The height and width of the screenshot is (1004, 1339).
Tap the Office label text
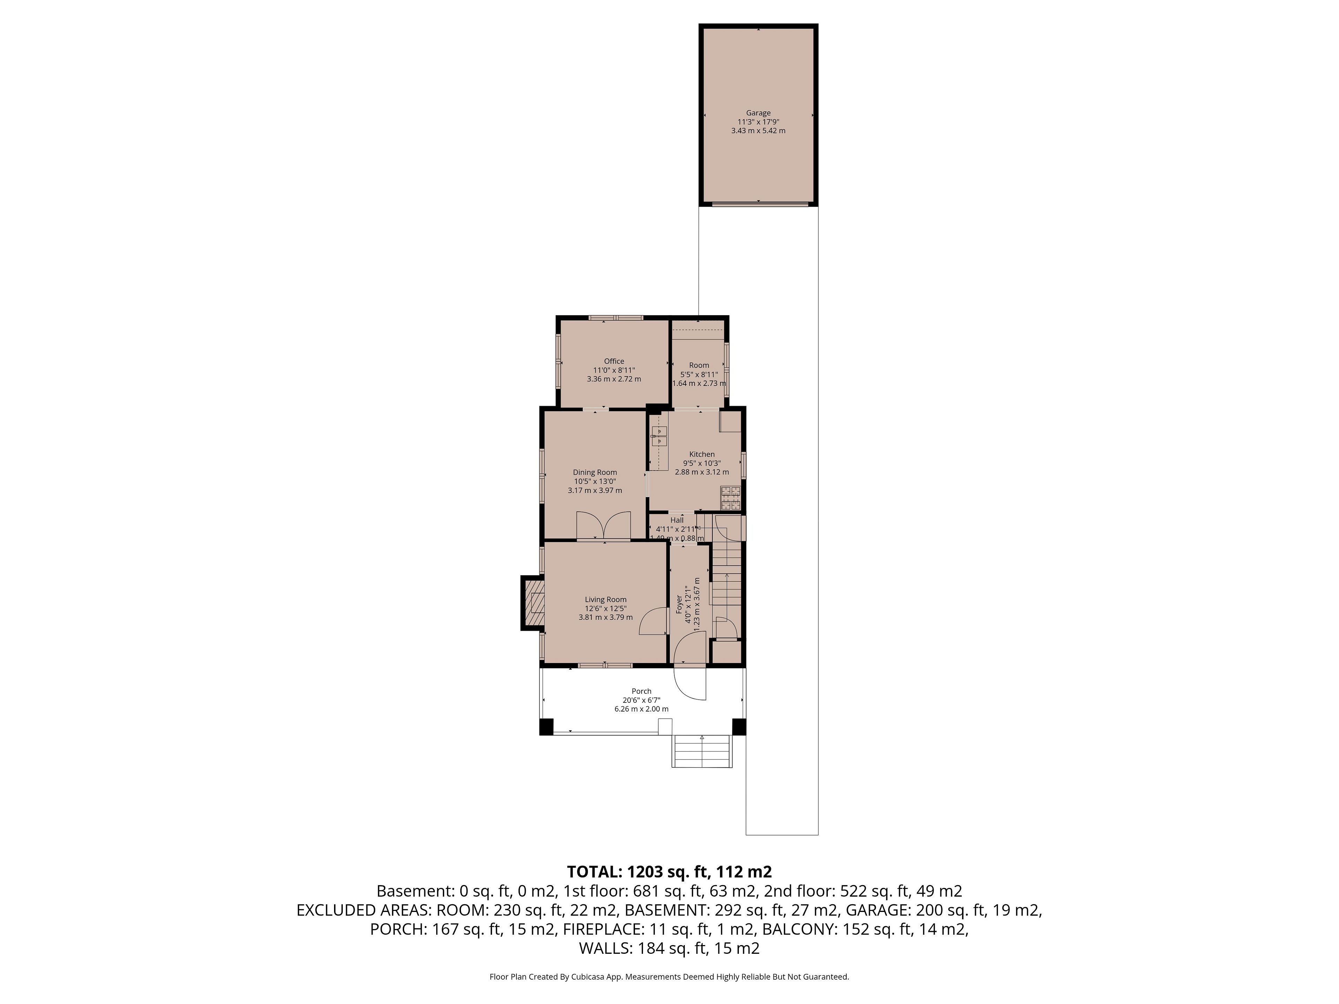point(614,361)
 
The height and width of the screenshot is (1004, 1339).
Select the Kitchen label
point(702,454)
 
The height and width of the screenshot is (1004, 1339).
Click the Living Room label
point(605,600)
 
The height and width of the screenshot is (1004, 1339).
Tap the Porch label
point(641,691)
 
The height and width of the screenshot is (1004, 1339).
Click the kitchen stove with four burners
point(731,497)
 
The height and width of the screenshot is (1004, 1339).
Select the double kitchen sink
point(659,436)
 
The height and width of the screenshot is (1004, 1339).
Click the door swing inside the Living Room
point(652,621)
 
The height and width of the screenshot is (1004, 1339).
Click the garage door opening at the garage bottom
point(760,204)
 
